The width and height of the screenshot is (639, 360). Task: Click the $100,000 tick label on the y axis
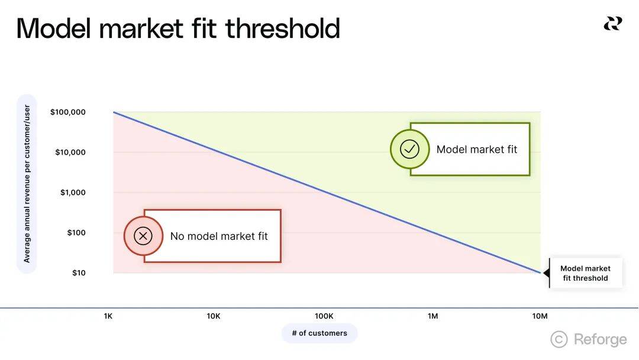[67, 112]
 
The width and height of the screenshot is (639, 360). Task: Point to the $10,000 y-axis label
[70, 153]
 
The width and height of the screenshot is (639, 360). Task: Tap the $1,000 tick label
[73, 192]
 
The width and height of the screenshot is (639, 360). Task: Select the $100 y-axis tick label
[76, 233]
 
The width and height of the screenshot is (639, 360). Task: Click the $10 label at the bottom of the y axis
[79, 273]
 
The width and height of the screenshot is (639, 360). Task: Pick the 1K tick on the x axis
[108, 316]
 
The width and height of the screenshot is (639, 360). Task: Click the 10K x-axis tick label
[214, 316]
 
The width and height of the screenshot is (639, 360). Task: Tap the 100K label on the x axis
[324, 316]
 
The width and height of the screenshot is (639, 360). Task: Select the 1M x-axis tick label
[433, 316]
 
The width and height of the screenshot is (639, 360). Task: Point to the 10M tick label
[540, 316]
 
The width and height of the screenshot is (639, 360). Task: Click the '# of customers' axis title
[319, 333]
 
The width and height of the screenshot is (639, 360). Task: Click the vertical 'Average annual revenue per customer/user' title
[27, 184]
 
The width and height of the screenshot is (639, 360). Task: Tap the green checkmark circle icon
[409, 149]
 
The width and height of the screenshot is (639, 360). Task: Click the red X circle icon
[143, 236]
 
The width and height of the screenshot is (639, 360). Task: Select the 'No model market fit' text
[219, 236]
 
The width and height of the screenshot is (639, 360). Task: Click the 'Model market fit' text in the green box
[476, 149]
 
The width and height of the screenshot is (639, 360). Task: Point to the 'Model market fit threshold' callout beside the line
[585, 273]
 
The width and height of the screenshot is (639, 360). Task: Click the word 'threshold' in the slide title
[282, 28]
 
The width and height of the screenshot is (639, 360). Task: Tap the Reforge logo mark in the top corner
[613, 24]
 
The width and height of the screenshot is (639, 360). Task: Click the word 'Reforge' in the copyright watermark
[601, 339]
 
